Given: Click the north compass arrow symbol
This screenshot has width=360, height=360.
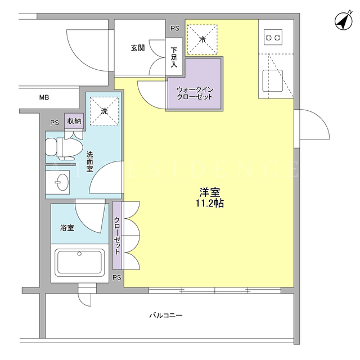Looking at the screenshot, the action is (x=344, y=21).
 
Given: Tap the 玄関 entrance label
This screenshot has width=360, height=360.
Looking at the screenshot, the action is (x=138, y=48).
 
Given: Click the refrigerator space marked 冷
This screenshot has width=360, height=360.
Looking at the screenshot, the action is (x=202, y=39).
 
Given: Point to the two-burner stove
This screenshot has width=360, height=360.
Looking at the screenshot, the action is (x=273, y=37).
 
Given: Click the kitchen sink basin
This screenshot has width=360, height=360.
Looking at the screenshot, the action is (x=272, y=81).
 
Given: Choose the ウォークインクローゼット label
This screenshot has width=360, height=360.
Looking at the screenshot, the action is (x=195, y=93).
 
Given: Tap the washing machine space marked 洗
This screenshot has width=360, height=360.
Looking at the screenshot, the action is (x=104, y=111).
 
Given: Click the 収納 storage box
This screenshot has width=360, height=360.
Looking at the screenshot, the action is (x=74, y=121).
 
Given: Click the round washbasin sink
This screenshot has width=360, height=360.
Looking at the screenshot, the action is (x=62, y=182).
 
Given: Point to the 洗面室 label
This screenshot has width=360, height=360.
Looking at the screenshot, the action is (x=90, y=161).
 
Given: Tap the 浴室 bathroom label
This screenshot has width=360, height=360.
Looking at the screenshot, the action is (x=67, y=227).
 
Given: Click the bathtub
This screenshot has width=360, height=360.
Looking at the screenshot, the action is (x=79, y=263).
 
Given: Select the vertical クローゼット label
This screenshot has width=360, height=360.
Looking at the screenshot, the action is (x=117, y=235).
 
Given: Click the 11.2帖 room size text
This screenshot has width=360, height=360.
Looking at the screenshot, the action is (x=210, y=204).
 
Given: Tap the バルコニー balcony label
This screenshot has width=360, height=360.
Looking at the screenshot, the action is (x=166, y=315).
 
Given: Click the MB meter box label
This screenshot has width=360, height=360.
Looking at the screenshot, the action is (x=44, y=97).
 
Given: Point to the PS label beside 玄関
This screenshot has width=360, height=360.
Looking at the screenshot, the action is (x=175, y=29).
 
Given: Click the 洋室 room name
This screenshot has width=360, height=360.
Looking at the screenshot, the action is (x=210, y=192).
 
